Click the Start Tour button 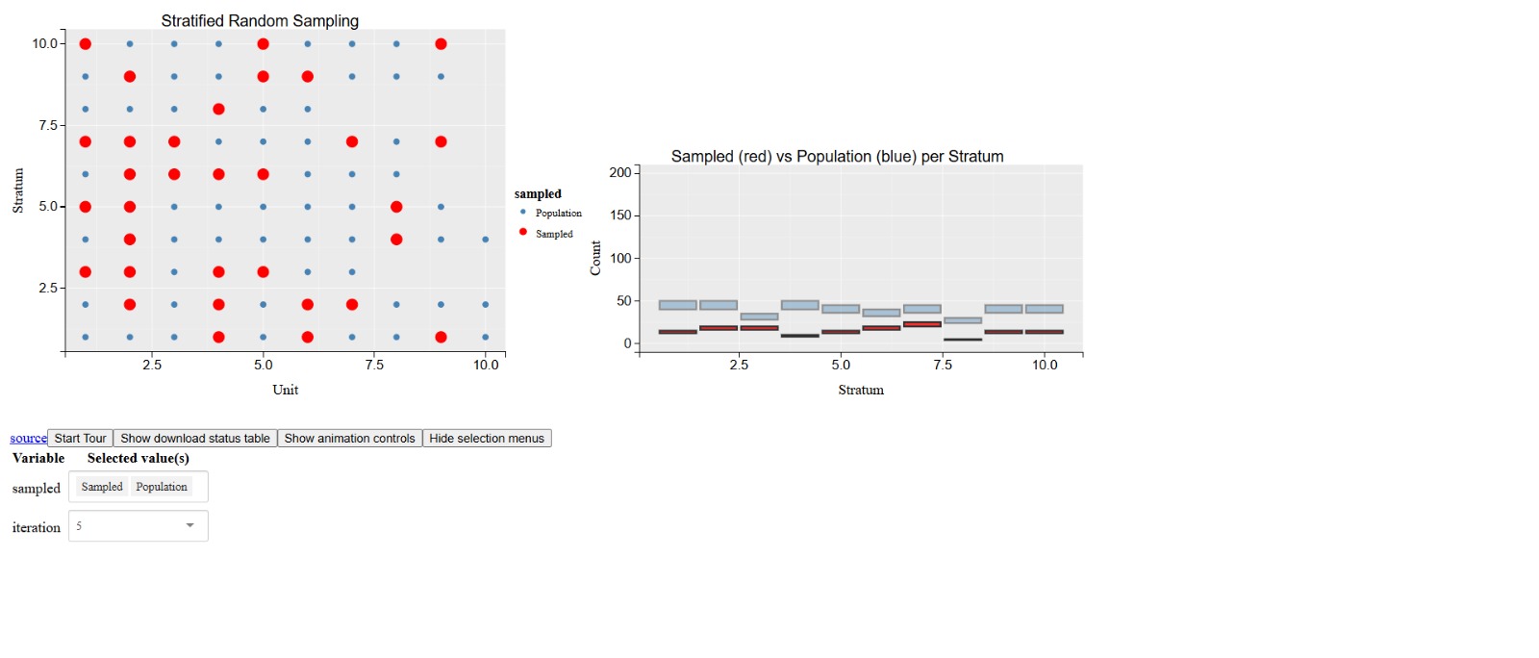click(80, 438)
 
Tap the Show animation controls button click(349, 438)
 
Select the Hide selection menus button click(486, 438)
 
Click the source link click(28, 438)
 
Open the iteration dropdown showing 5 click(139, 526)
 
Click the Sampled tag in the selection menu click(102, 487)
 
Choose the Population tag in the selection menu click(162, 487)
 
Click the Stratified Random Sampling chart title click(260, 20)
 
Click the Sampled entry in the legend click(553, 234)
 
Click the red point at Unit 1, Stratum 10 click(86, 44)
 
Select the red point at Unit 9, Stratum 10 click(441, 44)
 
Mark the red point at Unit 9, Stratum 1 click(441, 337)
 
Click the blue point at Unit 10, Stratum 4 click(485, 240)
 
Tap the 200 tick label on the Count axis click(620, 172)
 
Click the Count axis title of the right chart click(595, 258)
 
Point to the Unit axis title click(285, 390)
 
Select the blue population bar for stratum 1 click(677, 305)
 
